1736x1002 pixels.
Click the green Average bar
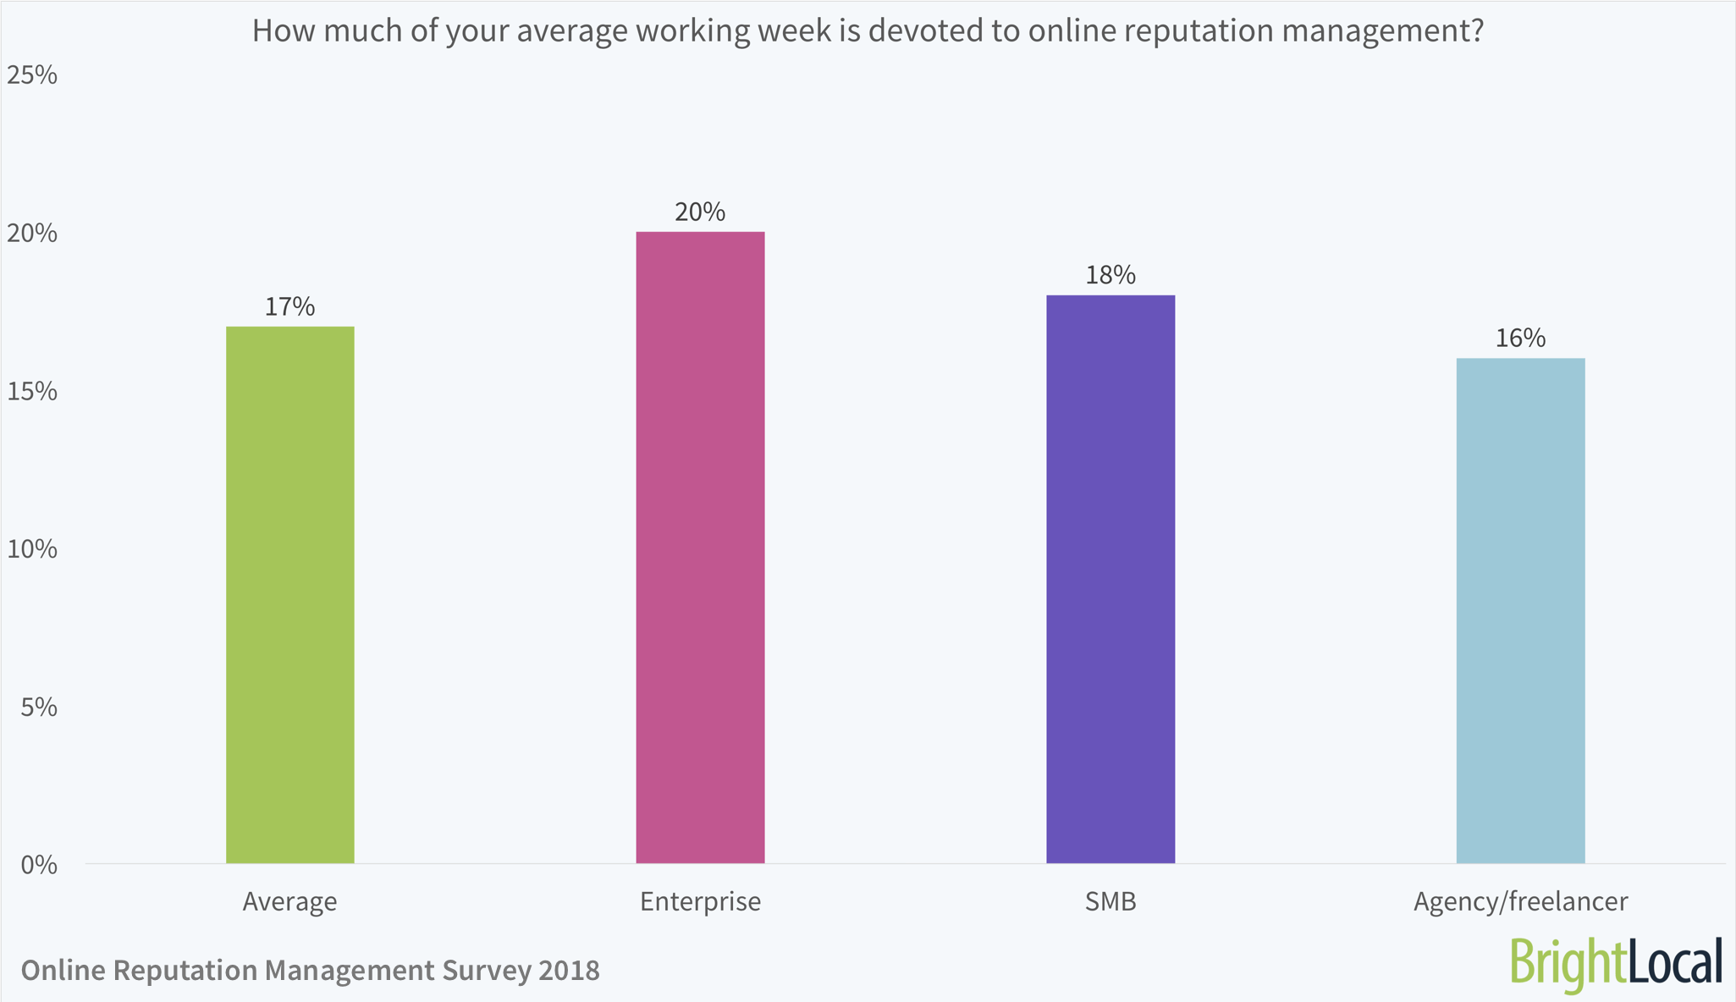pyautogui.click(x=289, y=594)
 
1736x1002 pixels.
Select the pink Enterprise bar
pyautogui.click(x=700, y=547)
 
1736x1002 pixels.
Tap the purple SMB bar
pyautogui.click(x=1110, y=579)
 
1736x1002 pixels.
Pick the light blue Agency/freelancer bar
pyautogui.click(x=1520, y=610)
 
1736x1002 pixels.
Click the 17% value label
pyautogui.click(x=289, y=306)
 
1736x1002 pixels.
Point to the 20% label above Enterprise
pyautogui.click(x=700, y=212)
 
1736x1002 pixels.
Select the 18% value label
pyautogui.click(x=1110, y=275)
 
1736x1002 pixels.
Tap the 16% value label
pyautogui.click(x=1520, y=339)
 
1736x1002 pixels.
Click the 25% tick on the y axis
pyautogui.click(x=32, y=75)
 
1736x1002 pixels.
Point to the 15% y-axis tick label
pyautogui.click(x=32, y=391)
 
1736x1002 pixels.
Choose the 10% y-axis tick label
pyautogui.click(x=32, y=549)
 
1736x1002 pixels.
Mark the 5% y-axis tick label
pyautogui.click(x=39, y=707)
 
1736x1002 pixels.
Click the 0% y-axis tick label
pyautogui.click(x=39, y=865)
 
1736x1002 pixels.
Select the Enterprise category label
pyautogui.click(x=700, y=901)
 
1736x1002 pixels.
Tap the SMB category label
pyautogui.click(x=1110, y=901)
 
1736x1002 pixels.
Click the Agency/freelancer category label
pyautogui.click(x=1520, y=901)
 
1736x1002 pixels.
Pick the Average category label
pyautogui.click(x=289, y=901)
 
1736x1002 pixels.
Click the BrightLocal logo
pyautogui.click(x=1616, y=963)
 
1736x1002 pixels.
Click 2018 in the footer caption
pyautogui.click(x=568, y=970)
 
